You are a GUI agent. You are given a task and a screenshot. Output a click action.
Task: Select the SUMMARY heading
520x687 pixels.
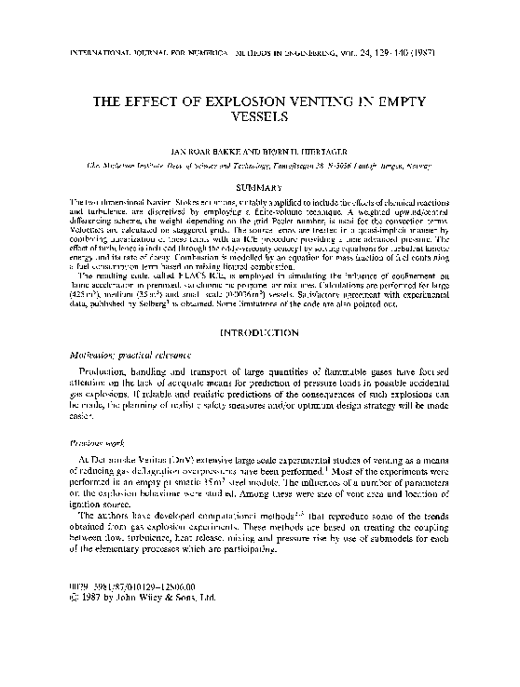[x=260, y=187]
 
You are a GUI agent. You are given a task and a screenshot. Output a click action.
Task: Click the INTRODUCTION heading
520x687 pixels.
[x=260, y=332]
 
